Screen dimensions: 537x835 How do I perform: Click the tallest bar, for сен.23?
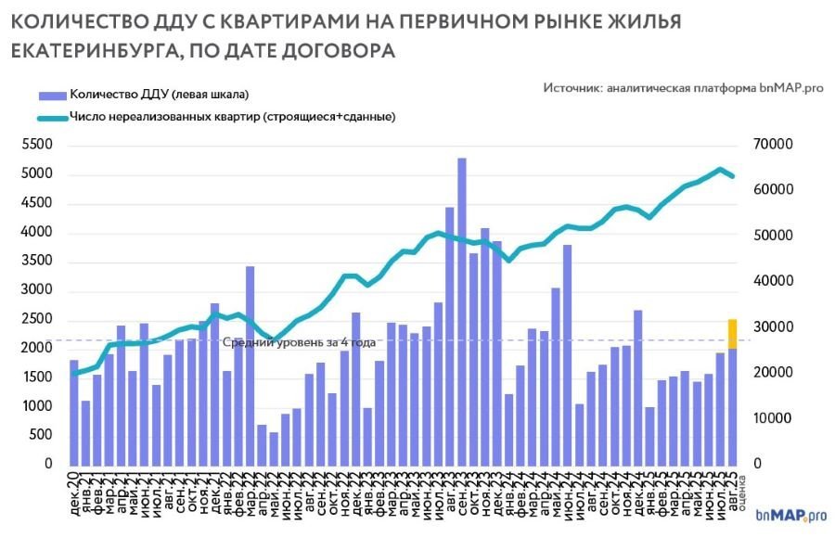pos(461,311)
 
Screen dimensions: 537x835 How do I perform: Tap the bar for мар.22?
pos(250,365)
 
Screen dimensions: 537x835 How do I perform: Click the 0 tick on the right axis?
pos(756,464)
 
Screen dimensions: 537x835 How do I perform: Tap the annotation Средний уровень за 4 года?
pos(299,342)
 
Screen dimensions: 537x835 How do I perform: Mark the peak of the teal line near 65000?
pos(720,169)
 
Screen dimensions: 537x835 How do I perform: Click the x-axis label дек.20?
pos(74,490)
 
